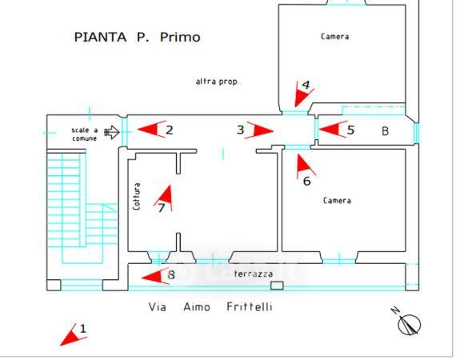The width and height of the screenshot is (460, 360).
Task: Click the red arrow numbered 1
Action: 72,336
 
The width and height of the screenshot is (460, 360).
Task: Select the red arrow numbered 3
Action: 260,130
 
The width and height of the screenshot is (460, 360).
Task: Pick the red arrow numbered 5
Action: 333,129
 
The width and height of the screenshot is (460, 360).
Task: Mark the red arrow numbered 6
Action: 305,166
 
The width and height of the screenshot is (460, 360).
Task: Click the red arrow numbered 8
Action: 155,277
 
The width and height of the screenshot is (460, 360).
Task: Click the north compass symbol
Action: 408,322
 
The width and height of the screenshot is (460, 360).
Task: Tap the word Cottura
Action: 137,196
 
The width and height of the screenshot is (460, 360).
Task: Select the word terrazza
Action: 254,274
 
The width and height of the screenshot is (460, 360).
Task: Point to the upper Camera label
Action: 334,37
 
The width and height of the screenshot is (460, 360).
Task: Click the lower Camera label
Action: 337,200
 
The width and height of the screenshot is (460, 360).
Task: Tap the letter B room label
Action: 385,131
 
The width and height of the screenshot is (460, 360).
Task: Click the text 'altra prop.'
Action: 218,82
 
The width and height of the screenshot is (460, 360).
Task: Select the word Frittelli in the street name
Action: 250,307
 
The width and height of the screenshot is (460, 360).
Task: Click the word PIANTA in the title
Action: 100,38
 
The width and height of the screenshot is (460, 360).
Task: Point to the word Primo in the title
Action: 180,38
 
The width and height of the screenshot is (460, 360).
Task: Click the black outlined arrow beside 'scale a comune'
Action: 112,132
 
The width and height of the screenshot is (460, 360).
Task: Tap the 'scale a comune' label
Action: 85,134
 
